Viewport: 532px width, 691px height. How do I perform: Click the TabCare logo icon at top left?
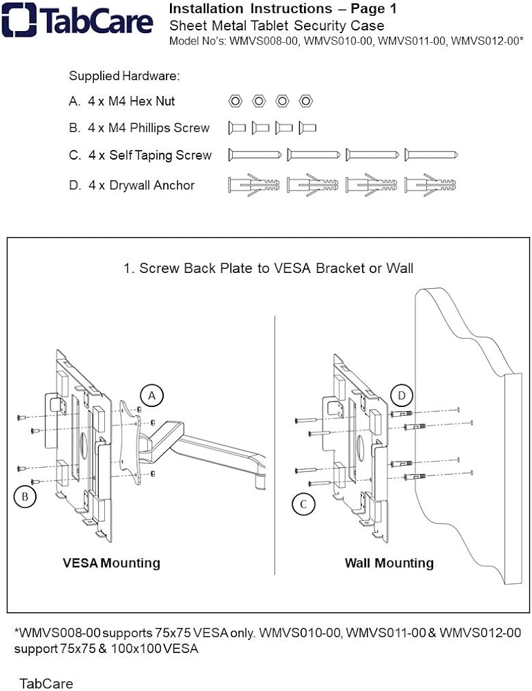click(x=19, y=20)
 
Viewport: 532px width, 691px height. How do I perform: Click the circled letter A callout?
click(x=151, y=395)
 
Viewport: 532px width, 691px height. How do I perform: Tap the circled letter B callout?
click(x=24, y=497)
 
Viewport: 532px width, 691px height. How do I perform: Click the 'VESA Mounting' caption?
click(x=111, y=563)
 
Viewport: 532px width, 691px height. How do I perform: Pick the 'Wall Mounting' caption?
click(x=389, y=563)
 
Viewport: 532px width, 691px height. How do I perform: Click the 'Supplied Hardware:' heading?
click(x=124, y=76)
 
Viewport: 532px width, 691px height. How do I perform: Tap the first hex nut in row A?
click(x=235, y=101)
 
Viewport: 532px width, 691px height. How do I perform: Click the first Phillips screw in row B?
click(x=237, y=128)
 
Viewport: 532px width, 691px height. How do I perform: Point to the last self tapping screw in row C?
click(x=432, y=155)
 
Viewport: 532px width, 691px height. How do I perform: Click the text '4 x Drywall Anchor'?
click(x=141, y=185)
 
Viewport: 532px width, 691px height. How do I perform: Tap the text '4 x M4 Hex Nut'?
click(x=131, y=101)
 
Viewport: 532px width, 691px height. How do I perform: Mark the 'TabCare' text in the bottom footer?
click(x=46, y=683)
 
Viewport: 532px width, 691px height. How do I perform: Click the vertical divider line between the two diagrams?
click(x=275, y=449)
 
